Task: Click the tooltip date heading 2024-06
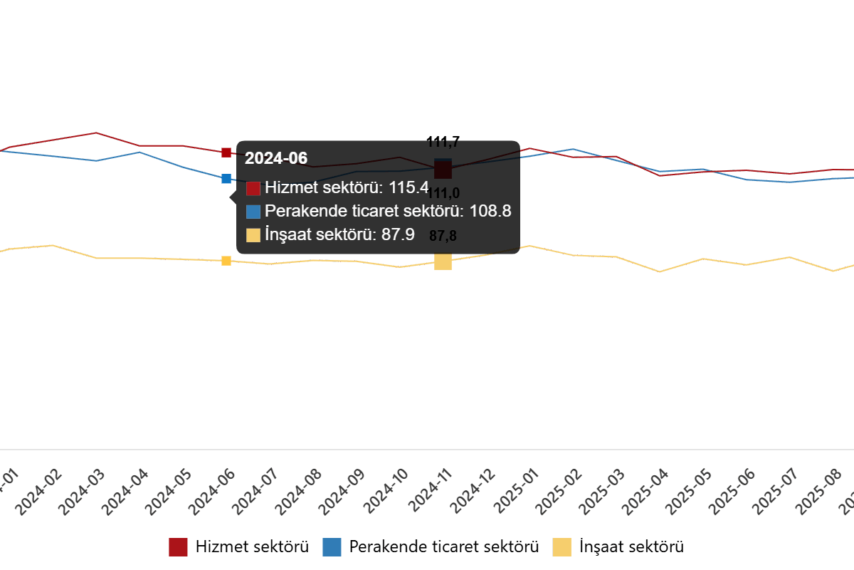click(276, 158)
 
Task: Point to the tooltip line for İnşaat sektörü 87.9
click(330, 234)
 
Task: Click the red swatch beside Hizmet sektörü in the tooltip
click(253, 188)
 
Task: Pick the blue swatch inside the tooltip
click(253, 212)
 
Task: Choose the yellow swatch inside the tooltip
click(253, 235)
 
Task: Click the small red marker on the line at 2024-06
click(226, 152)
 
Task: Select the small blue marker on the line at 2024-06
click(226, 178)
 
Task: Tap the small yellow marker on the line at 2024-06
click(226, 261)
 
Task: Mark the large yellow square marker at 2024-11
click(443, 262)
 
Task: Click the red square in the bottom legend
click(178, 547)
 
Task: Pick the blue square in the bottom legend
click(332, 547)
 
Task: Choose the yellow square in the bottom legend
click(562, 547)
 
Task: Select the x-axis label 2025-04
click(647, 492)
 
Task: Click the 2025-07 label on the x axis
click(776, 492)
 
